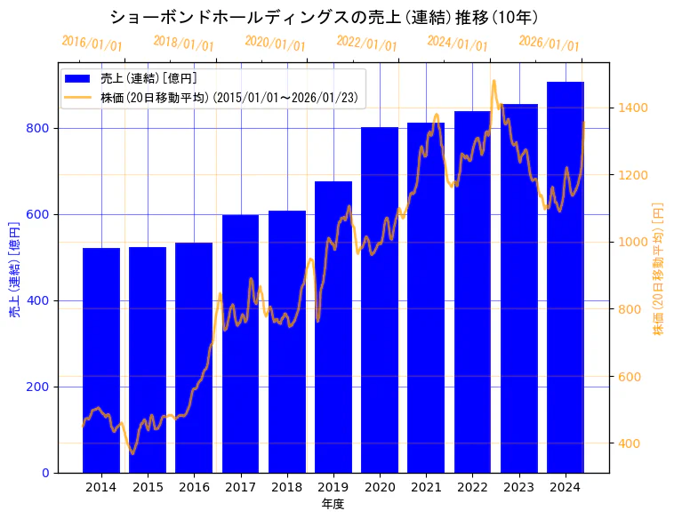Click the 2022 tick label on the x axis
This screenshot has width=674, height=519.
(472, 487)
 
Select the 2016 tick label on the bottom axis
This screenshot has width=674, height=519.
(194, 487)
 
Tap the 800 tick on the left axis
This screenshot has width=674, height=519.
(41, 128)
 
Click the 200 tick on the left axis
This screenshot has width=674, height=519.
(41, 387)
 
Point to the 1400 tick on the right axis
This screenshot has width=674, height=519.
(632, 108)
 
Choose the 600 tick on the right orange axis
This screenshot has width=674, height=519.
(629, 377)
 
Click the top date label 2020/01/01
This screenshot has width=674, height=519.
(275, 43)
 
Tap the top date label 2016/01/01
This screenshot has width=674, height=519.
(92, 43)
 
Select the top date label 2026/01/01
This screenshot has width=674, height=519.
(549, 43)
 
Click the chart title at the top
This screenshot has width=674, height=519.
(324, 17)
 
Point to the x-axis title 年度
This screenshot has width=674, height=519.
(333, 504)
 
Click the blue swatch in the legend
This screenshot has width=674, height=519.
(77, 79)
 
